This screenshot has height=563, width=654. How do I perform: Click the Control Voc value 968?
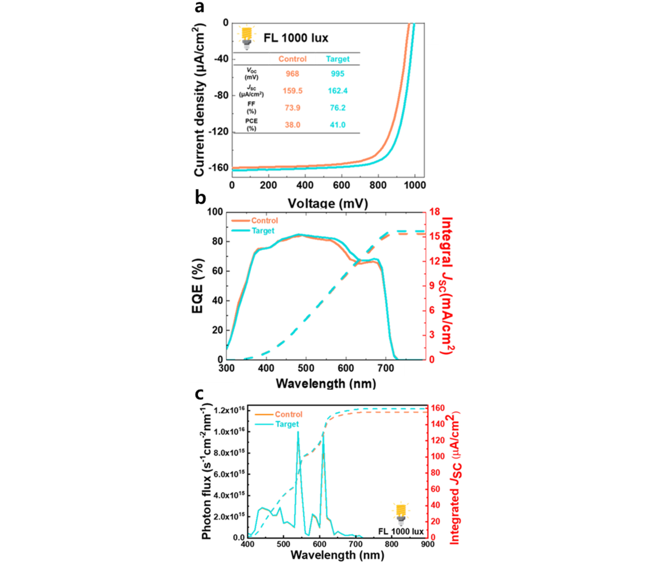coord(292,74)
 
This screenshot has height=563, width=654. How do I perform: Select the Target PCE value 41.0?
coord(337,125)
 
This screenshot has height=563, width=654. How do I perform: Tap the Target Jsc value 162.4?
coord(337,91)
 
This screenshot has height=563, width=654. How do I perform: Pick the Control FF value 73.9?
coord(292,108)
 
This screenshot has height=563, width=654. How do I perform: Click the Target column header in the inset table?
coord(337,59)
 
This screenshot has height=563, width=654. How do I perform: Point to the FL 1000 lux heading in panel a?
coord(296,38)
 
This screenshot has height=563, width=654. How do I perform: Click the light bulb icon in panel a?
coord(247,37)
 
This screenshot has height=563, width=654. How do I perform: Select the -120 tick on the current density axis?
coord(219,132)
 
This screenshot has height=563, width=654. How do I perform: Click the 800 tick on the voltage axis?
coord(377,185)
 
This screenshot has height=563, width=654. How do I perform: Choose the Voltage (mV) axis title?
coord(328,204)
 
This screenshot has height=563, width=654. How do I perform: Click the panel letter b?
coord(200,198)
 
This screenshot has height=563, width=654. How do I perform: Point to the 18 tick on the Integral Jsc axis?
coord(434,212)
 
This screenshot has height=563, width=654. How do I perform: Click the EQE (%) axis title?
coord(198,286)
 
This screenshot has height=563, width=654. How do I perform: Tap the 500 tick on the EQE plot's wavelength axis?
coord(306,368)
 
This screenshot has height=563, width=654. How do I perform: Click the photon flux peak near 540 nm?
coord(298,432)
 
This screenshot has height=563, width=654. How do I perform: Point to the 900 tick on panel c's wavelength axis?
coord(427,544)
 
